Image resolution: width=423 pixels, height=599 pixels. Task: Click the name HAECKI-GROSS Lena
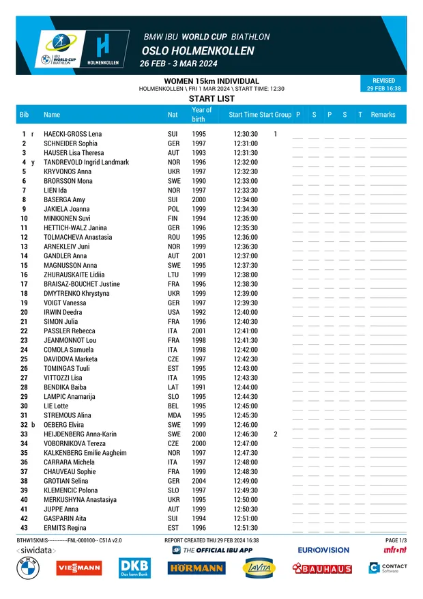[72, 134]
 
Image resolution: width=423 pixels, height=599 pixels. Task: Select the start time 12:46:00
[246, 425]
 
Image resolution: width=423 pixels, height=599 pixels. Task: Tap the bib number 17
[24, 284]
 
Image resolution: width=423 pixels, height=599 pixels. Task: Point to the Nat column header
[173, 115]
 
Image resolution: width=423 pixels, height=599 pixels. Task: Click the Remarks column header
[383, 115]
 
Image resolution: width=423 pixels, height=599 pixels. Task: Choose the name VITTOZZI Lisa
[63, 378]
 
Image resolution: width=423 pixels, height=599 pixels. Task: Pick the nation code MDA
[173, 415]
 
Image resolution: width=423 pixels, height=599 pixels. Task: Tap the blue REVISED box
[383, 84]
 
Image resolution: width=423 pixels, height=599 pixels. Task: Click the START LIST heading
[211, 99]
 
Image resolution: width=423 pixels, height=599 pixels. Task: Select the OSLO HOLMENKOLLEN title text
[198, 51]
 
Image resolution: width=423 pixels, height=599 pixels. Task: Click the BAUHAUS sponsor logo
[322, 568]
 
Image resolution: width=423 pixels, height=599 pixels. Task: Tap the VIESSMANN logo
[79, 568]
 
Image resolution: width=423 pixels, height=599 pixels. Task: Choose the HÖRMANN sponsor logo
[196, 568]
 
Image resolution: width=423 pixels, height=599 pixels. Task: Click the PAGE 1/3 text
[396, 540]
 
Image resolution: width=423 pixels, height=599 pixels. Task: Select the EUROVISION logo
[323, 550]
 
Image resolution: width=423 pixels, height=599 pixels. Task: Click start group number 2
[276, 434]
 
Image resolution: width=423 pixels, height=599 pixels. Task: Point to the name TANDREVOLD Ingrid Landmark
[86, 163]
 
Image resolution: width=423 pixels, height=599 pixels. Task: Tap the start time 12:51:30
[246, 528]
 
